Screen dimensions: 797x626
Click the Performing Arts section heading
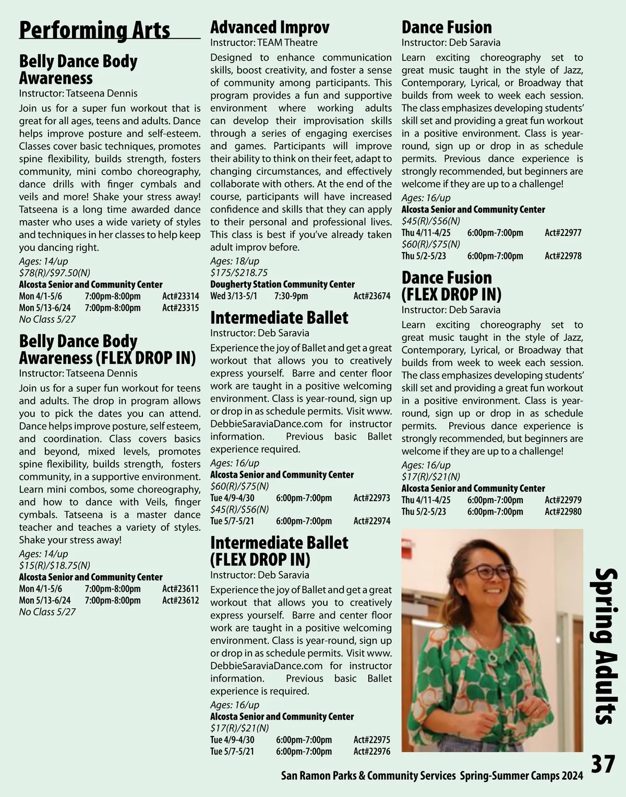pyautogui.click(x=94, y=30)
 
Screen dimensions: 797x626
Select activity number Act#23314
pyautogui.click(x=180, y=296)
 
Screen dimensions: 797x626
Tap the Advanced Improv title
pyautogui.click(x=270, y=27)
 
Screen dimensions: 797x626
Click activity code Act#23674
pyautogui.click(x=371, y=296)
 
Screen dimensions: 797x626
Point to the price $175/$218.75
pyautogui.click(x=239, y=272)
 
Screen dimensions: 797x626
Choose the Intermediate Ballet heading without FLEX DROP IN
pyautogui.click(x=279, y=317)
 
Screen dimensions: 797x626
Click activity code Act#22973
pyautogui.click(x=371, y=498)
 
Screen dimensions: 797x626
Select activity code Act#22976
pyautogui.click(x=371, y=752)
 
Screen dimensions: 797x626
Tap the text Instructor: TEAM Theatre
pyautogui.click(x=263, y=42)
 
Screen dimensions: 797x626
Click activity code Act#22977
pyautogui.click(x=563, y=233)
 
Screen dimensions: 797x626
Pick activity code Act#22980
pyautogui.click(x=563, y=511)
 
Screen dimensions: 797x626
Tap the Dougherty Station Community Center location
pyautogui.click(x=282, y=284)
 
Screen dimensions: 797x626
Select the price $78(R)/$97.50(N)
pyautogui.click(x=55, y=273)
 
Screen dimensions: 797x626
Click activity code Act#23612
pyautogui.click(x=180, y=600)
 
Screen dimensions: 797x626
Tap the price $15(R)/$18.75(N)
pyautogui.click(x=55, y=565)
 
